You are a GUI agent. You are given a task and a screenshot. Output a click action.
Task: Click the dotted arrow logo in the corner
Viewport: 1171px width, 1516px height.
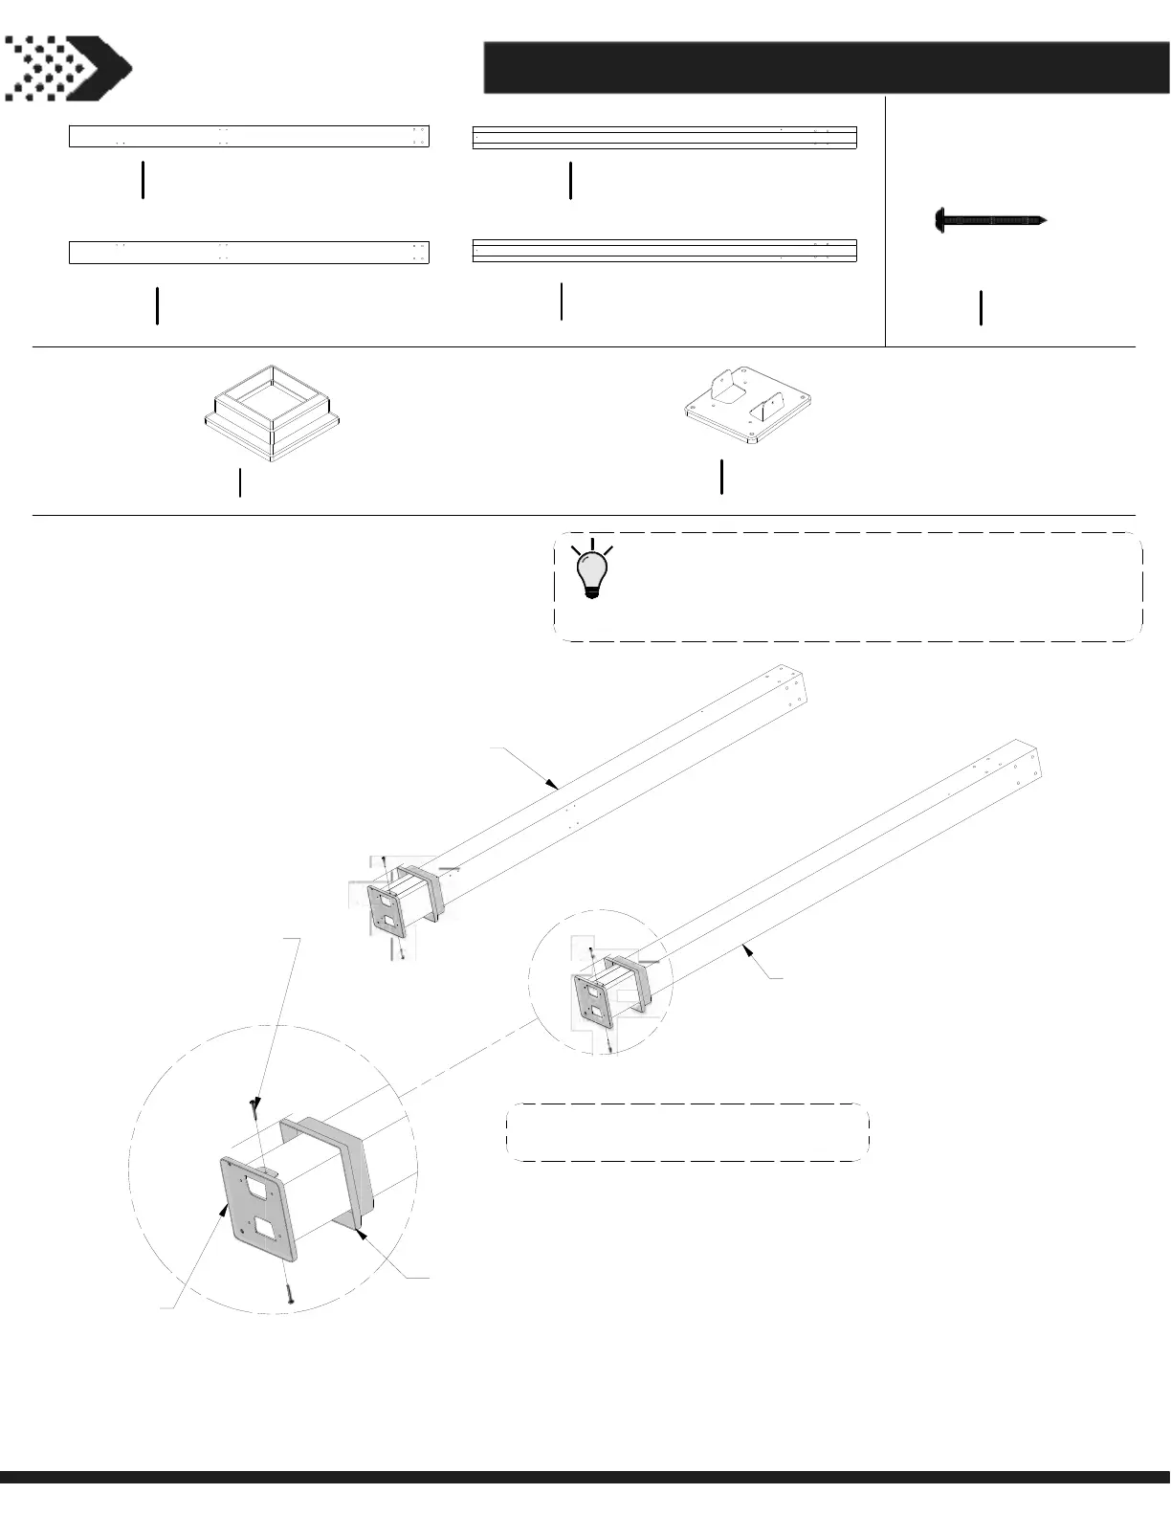(x=67, y=68)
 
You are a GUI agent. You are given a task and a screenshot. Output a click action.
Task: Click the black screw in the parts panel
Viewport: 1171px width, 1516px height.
(x=990, y=221)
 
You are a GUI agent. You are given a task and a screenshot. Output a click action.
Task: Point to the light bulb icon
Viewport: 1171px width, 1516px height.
(x=591, y=571)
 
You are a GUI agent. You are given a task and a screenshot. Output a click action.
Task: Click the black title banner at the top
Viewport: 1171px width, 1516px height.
(x=827, y=68)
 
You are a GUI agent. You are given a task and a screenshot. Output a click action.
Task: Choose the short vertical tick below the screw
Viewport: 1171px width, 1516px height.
(x=981, y=307)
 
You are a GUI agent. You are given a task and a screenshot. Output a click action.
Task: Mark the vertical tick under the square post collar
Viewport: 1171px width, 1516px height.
(x=239, y=482)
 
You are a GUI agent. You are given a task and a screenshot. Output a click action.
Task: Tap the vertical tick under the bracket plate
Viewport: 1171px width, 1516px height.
(x=721, y=477)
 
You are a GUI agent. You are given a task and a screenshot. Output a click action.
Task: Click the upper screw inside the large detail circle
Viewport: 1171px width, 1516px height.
(x=253, y=1107)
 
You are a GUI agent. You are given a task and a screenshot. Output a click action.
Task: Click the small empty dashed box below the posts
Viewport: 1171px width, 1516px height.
(x=687, y=1132)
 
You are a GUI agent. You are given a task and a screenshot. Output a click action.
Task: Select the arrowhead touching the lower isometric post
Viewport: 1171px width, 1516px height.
(x=747, y=947)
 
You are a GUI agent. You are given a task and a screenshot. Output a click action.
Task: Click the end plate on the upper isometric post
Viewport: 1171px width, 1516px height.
(x=387, y=909)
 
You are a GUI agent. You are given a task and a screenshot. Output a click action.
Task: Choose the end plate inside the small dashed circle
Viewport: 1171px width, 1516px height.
(x=590, y=1001)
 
